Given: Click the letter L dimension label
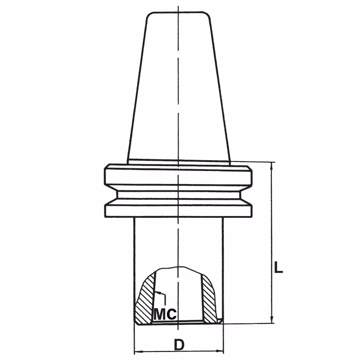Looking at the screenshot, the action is (x=278, y=267).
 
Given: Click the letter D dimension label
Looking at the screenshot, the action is (x=179, y=344).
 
